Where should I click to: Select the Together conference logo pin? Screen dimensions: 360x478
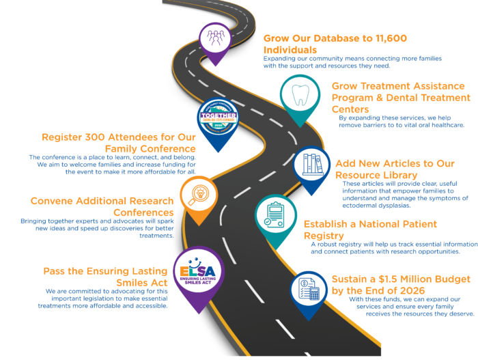tap(216, 119)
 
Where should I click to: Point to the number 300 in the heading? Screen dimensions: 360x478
tap(92, 137)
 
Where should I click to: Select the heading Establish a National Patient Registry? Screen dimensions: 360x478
tap(370, 230)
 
